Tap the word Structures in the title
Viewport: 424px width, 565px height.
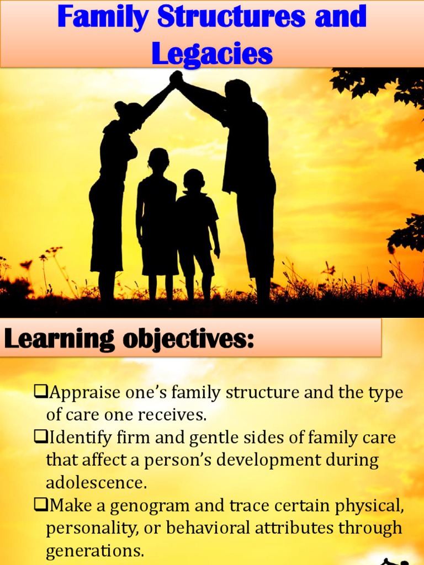[231, 18]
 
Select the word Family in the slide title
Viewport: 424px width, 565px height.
[104, 18]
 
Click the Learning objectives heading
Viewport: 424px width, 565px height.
[129, 338]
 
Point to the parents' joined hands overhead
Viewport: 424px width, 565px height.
[176, 78]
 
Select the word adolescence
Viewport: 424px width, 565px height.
[96, 483]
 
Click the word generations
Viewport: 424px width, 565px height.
[94, 551]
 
